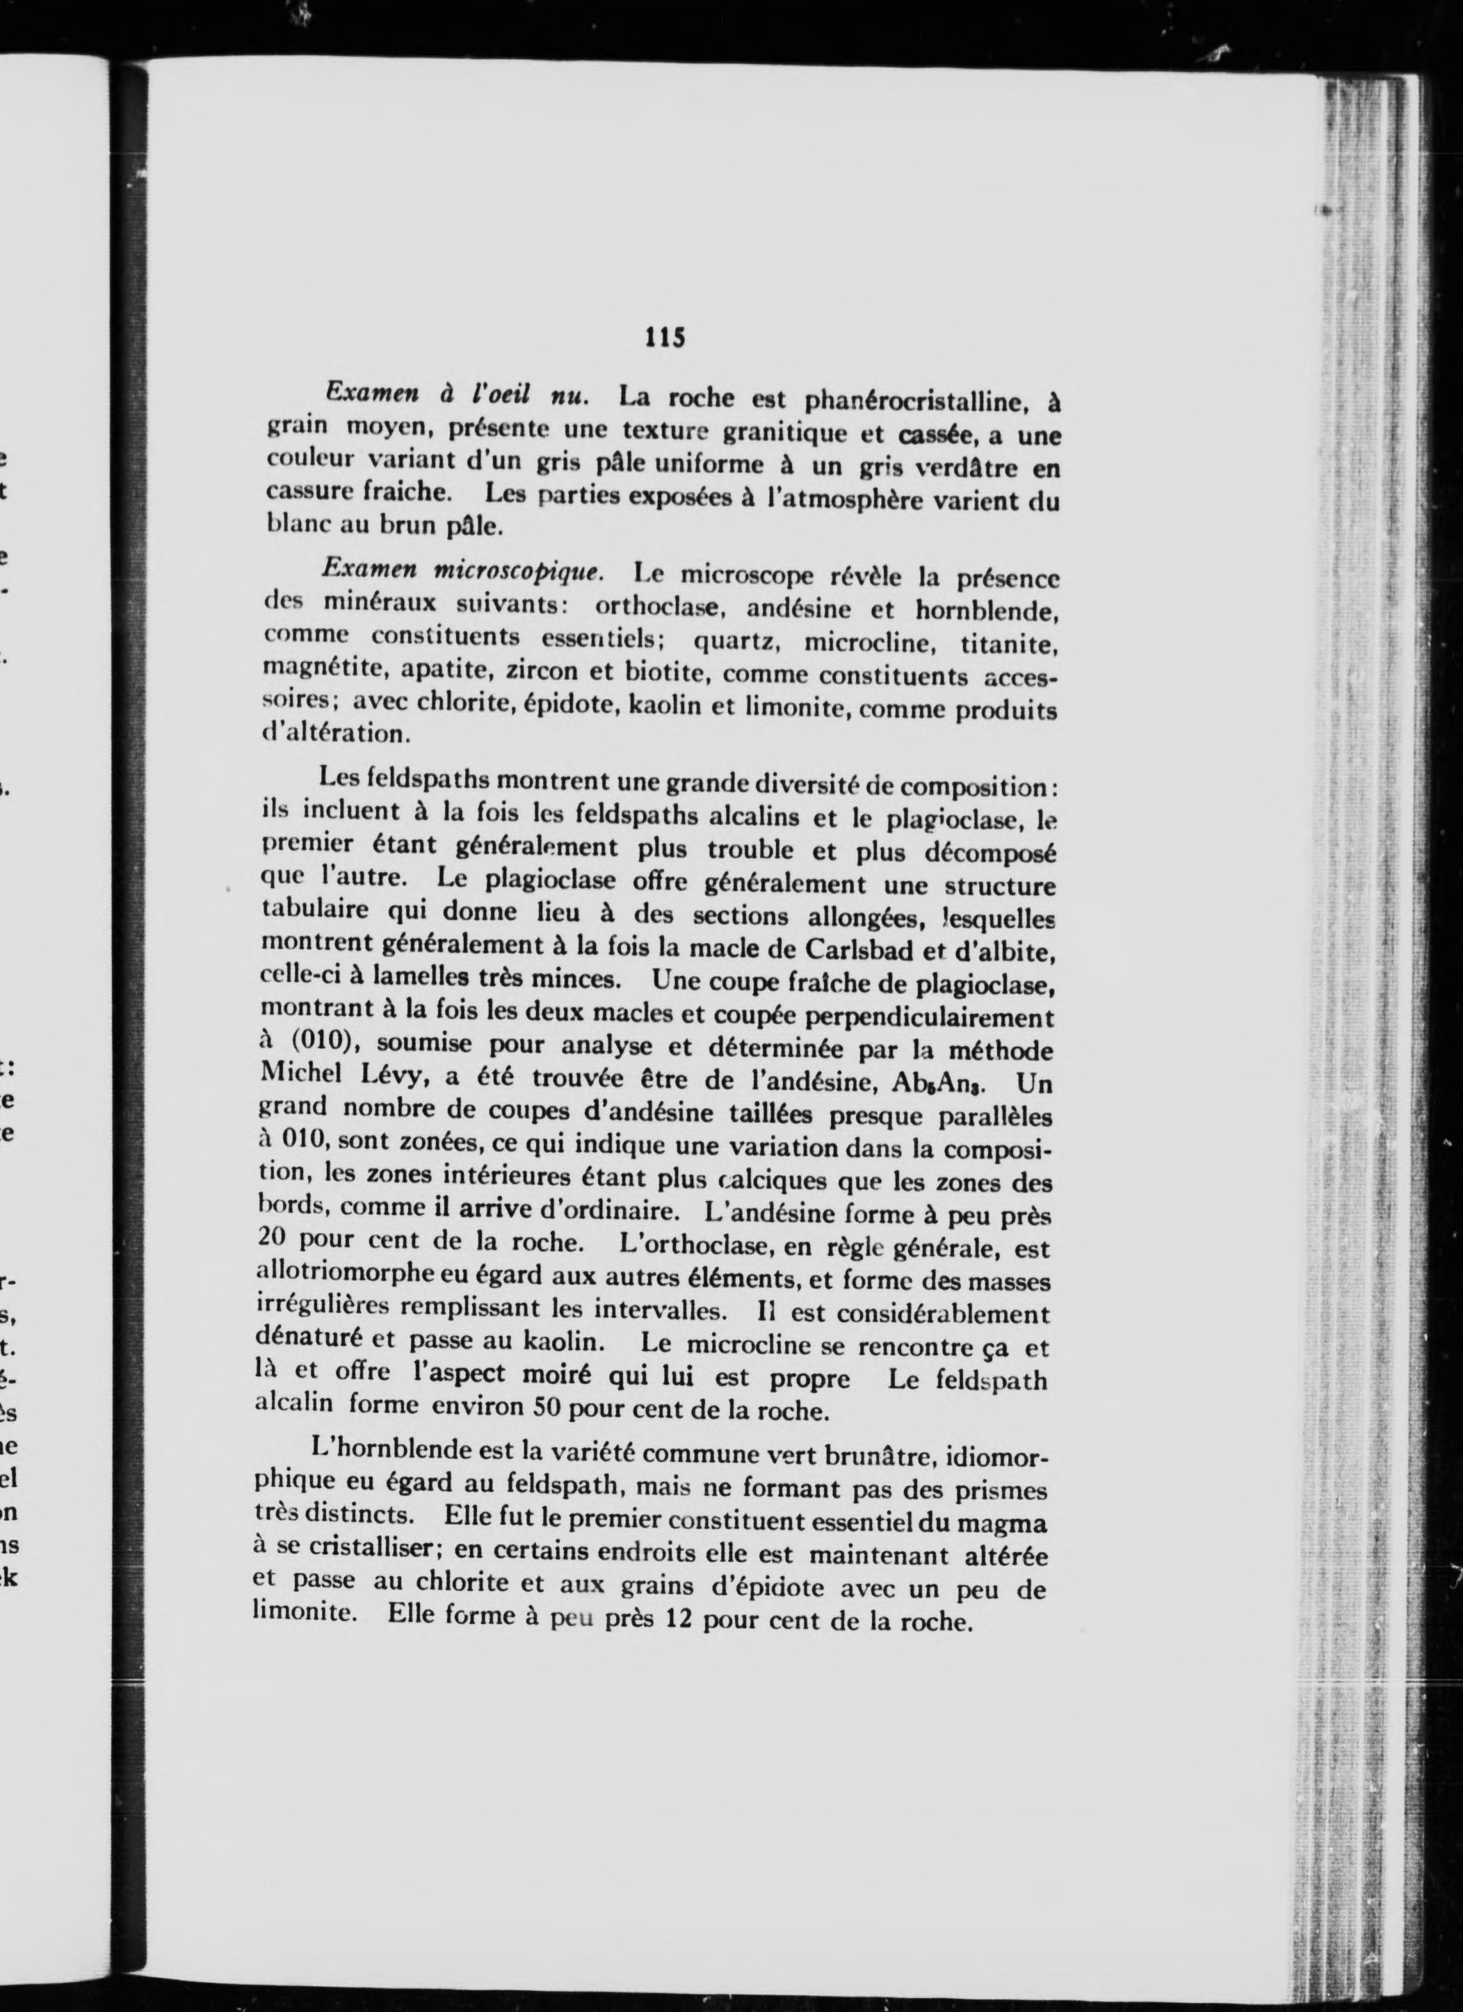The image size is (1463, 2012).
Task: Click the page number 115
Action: pyautogui.click(x=667, y=338)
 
